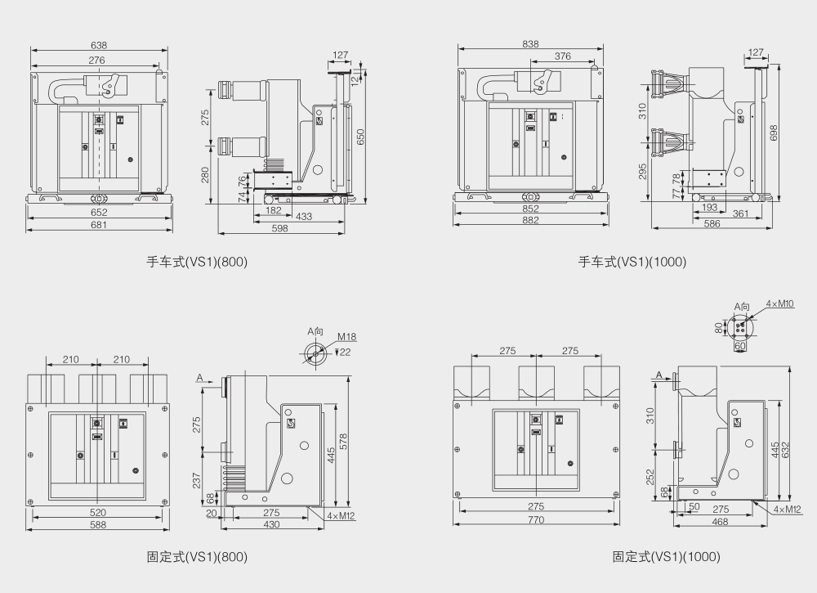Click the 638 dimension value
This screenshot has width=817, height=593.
pos(98,46)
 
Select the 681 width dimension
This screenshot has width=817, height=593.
pos(99,225)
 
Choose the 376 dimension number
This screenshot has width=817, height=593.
pos(562,56)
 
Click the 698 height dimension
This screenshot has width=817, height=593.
pos(774,132)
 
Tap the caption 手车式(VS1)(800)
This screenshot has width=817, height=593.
pos(196,263)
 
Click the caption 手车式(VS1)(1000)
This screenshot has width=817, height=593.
pos(632,263)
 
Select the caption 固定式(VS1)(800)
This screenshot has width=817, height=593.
pos(196,557)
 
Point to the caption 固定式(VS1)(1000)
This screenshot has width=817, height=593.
pos(667,557)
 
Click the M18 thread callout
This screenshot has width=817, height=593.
pos(347,337)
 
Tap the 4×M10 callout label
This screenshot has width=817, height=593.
pos(780,303)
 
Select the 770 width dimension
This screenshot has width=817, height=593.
pos(536,519)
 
